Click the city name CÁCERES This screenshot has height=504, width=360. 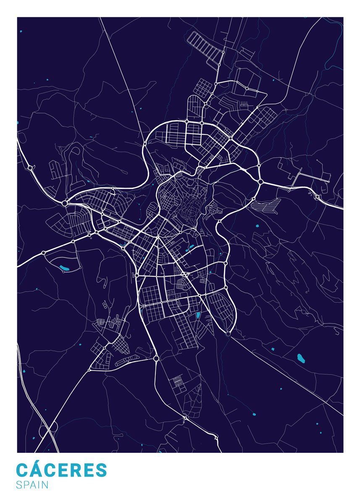[61, 470]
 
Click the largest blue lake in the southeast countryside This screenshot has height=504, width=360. [300, 358]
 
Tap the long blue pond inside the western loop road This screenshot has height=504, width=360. [65, 267]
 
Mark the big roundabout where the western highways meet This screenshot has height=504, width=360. [64, 203]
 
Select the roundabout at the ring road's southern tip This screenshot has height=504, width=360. [228, 334]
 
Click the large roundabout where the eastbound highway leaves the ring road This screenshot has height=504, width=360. [260, 182]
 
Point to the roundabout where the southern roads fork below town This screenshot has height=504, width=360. [156, 358]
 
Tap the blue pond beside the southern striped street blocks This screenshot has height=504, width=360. [198, 315]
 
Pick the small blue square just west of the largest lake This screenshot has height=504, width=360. [272, 349]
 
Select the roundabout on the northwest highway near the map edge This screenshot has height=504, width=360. [30, 168]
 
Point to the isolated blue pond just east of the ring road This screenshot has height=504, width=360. [257, 226]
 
